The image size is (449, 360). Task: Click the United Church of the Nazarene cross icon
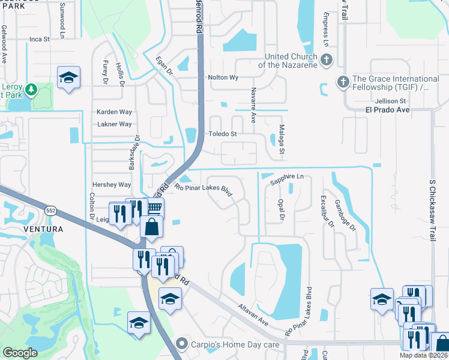326,60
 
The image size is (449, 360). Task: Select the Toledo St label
222,134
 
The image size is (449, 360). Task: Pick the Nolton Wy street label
223,77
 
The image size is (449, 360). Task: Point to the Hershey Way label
111,185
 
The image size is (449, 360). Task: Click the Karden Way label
114,112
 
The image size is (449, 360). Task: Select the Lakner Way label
114,124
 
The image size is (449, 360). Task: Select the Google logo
20,353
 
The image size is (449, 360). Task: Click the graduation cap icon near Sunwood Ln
68,77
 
